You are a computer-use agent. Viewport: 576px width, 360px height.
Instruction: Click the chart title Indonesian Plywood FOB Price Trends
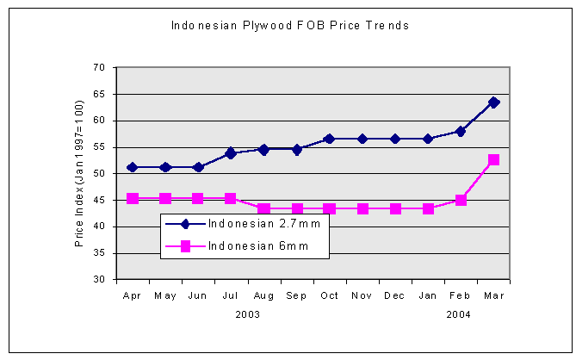(289, 26)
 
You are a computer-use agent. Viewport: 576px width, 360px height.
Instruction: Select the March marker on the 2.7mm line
(494, 102)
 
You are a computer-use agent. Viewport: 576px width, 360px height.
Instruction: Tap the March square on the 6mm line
(494, 159)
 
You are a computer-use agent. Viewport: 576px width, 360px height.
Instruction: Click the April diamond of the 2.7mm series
(132, 167)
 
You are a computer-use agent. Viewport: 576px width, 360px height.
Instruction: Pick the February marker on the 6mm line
(461, 200)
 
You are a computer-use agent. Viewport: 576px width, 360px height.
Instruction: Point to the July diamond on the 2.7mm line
(231, 153)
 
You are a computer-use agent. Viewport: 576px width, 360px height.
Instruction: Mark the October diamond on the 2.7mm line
(330, 139)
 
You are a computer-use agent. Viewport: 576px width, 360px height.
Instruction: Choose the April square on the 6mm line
(132, 198)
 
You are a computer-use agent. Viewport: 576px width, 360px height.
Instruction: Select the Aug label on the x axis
(263, 295)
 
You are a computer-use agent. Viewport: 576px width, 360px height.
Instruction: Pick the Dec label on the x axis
(395, 295)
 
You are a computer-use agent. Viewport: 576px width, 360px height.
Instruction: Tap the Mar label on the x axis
(494, 295)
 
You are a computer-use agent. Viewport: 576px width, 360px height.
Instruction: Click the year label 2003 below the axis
(248, 314)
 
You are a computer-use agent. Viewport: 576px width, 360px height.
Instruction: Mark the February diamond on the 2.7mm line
(461, 132)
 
